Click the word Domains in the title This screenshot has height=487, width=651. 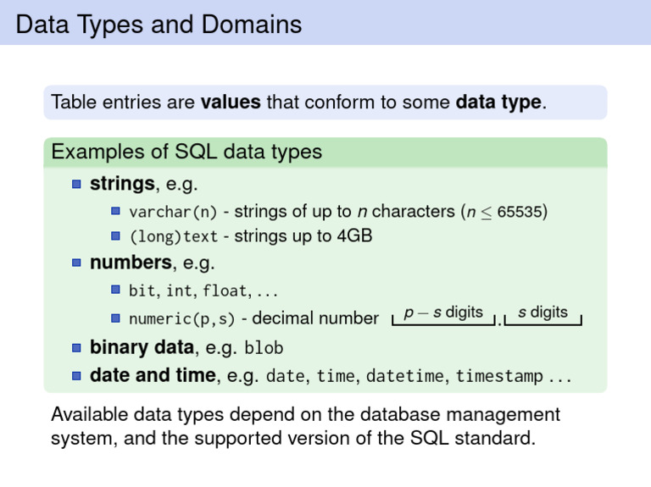pos(252,24)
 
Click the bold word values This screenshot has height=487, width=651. pos(231,102)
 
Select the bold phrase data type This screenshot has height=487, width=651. pos(498,102)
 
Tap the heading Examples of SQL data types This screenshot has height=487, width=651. pos(186,152)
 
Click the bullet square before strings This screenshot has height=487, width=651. pos(76,184)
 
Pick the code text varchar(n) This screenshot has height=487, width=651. pos(173,212)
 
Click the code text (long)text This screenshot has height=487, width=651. pos(174,236)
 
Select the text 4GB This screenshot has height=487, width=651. pos(354,235)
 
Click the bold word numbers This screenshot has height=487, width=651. pos(131,263)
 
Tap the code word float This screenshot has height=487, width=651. pos(225,291)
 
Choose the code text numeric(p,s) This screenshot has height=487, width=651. pos(182,319)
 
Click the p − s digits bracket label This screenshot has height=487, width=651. pos(443,313)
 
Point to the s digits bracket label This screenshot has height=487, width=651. pos(542,312)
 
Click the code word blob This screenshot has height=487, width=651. pos(264,347)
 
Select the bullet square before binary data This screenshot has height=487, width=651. pos(76,347)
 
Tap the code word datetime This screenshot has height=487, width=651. pos(405,376)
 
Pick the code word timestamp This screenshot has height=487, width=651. pos(499,376)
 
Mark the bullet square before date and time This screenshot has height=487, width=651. pos(76,376)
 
